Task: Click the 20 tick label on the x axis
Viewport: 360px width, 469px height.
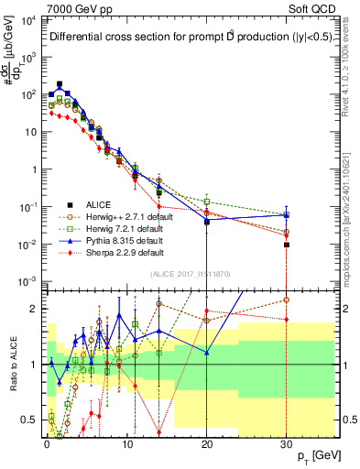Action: point(207,442)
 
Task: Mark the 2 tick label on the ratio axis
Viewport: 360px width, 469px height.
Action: point(36,308)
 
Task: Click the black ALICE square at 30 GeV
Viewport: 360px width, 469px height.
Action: point(287,245)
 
